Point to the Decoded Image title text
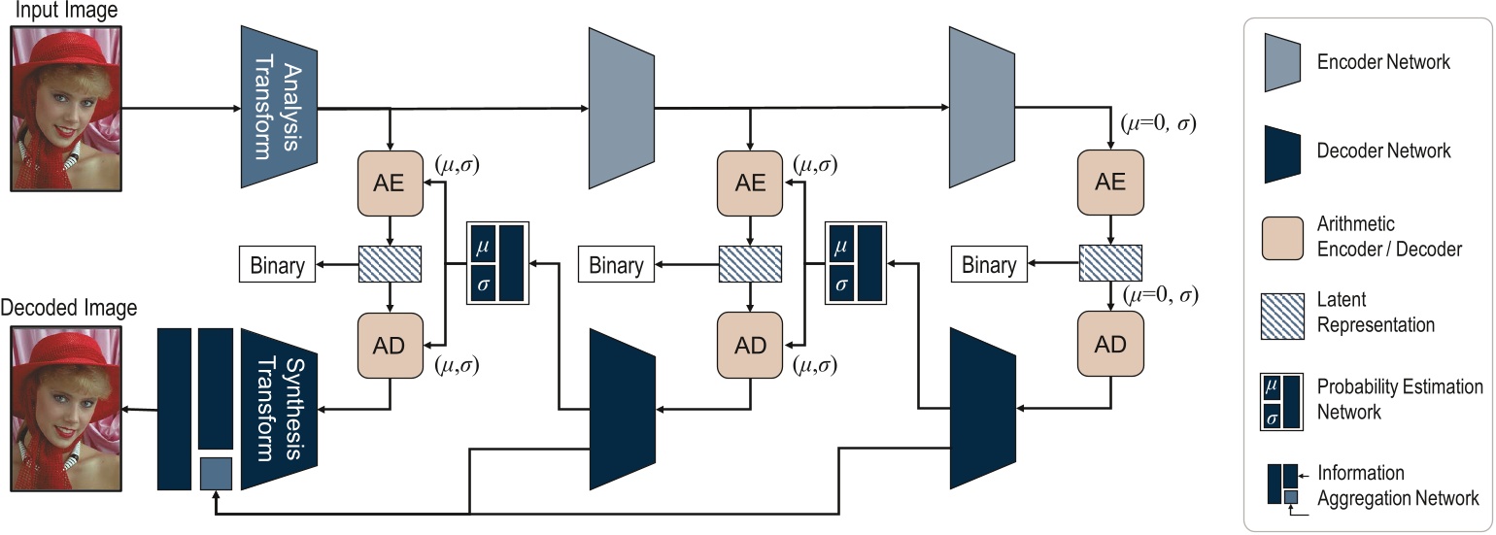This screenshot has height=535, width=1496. click(x=69, y=309)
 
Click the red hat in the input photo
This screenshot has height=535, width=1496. click(x=59, y=53)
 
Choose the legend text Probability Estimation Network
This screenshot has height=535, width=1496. click(x=1399, y=399)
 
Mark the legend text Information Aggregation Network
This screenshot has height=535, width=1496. click(x=1397, y=485)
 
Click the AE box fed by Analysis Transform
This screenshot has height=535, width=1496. click(x=390, y=182)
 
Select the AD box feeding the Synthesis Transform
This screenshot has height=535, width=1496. click(x=390, y=346)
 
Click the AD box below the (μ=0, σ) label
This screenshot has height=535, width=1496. click(x=1109, y=346)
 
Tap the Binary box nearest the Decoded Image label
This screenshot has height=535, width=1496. click(x=277, y=265)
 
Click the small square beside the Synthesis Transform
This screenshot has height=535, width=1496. click(x=216, y=474)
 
